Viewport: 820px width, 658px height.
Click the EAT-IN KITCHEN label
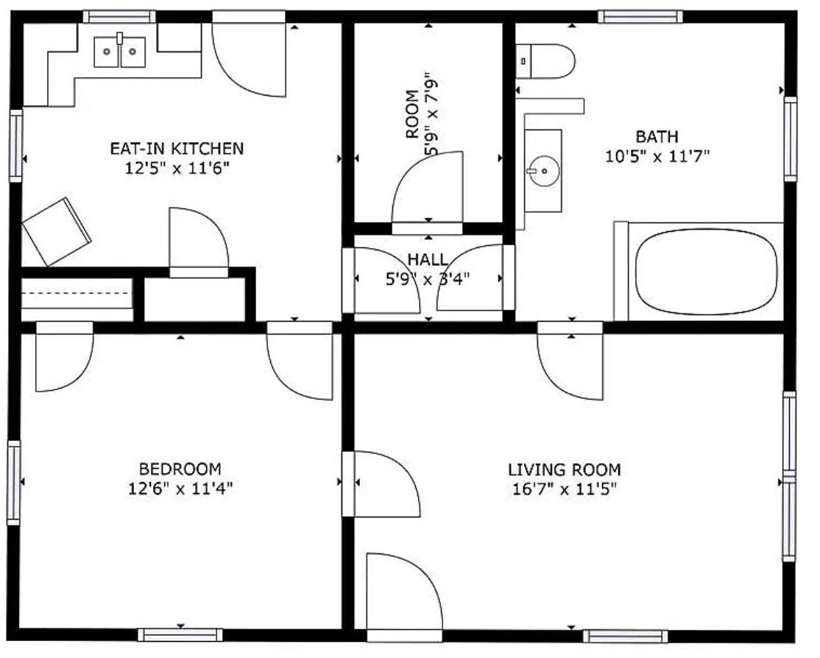coord(177,149)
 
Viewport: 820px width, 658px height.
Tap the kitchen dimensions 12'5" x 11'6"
coord(177,168)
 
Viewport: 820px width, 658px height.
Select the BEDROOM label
coord(180,468)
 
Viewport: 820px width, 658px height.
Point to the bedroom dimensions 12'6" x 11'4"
coord(180,488)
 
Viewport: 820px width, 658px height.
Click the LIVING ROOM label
coord(565,469)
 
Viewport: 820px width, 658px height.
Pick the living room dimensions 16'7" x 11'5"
coord(565,489)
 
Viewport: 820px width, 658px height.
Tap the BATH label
coord(657,136)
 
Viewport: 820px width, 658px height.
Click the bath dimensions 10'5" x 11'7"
coord(657,156)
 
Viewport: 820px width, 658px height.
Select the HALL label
coord(428,259)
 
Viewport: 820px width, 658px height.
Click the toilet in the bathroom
coord(545,61)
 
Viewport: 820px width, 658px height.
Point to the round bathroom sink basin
coord(543,171)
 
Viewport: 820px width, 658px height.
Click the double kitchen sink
coord(120,52)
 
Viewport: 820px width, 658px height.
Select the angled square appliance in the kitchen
coord(57,231)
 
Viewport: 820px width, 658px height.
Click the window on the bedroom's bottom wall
coord(180,635)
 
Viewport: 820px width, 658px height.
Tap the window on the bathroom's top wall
coord(640,17)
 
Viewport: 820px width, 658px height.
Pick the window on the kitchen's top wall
coord(119,17)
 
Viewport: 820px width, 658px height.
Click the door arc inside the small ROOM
coord(427,187)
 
